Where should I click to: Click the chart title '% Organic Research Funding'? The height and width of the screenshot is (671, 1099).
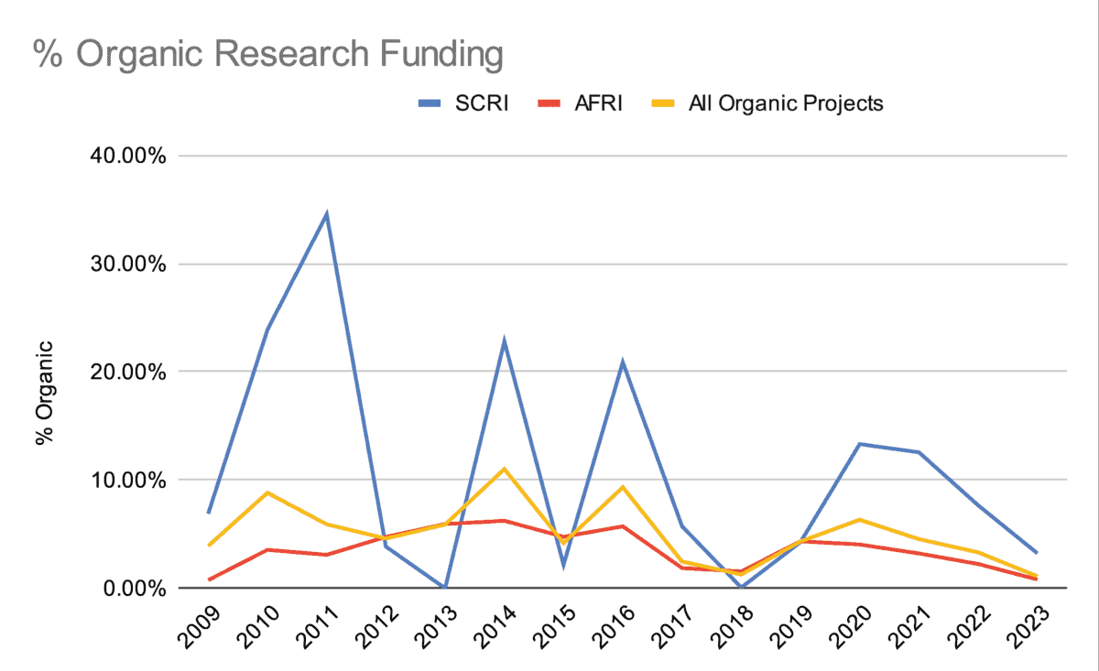pos(268,54)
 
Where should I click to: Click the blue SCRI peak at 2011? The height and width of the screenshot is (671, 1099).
pos(326,215)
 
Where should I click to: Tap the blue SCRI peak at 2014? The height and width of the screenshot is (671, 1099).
pos(504,341)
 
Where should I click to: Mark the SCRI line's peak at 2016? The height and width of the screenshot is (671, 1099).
pos(622,363)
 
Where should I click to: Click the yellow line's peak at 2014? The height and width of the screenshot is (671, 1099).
pos(504,469)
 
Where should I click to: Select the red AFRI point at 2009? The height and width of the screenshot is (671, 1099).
pos(209,579)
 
